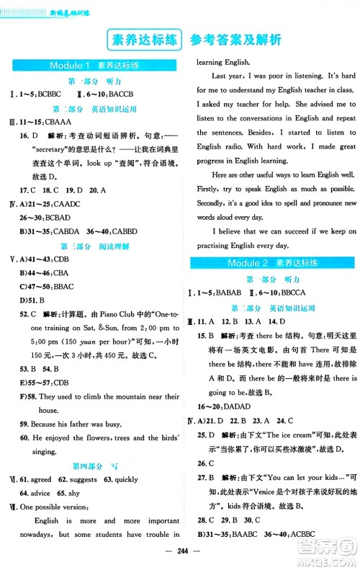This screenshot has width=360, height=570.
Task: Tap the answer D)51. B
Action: (x=32, y=300)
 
